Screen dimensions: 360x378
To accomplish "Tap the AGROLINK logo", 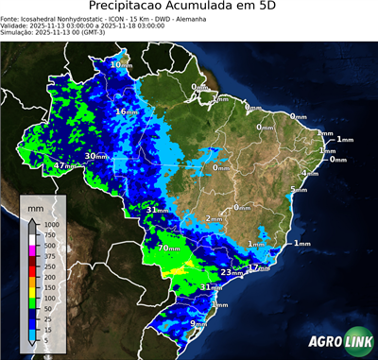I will pyautogui.click(x=339, y=341).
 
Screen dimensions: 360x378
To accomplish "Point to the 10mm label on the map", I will pyautogui.click(x=120, y=65).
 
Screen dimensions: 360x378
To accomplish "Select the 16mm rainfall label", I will pyautogui.click(x=127, y=112).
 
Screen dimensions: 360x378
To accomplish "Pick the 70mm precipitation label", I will pyautogui.click(x=169, y=249).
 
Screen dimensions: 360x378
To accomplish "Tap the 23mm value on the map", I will pyautogui.click(x=231, y=272).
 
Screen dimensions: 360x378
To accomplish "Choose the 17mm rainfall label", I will pyautogui.click(x=258, y=268).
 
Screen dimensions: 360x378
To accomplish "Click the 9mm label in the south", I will pyautogui.click(x=199, y=324).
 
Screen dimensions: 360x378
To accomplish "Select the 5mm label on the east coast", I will pyautogui.click(x=299, y=190).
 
